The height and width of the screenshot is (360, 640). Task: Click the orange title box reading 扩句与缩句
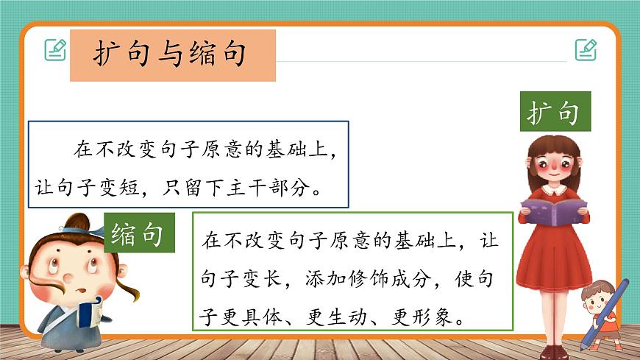172,55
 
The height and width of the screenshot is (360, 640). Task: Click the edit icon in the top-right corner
586,49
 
